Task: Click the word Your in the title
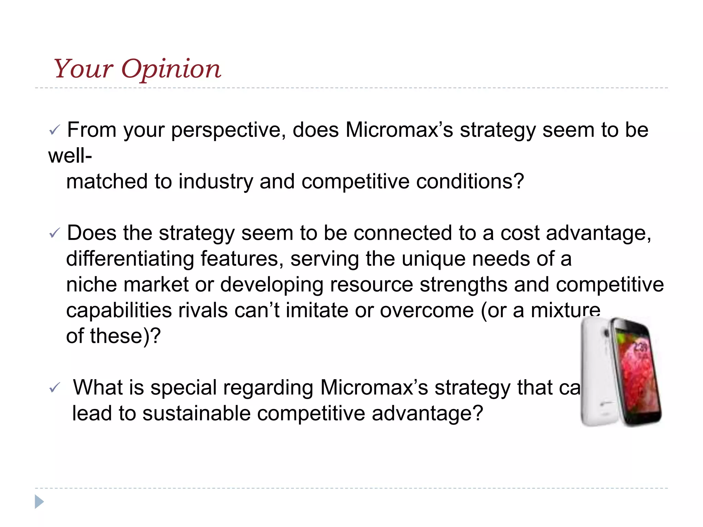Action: pyautogui.click(x=83, y=69)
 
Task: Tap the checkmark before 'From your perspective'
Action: pyautogui.click(x=55, y=130)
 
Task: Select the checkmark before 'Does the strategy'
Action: pyautogui.click(x=55, y=233)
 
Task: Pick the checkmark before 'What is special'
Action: pyautogui.click(x=55, y=388)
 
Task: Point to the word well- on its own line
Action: pyautogui.click(x=70, y=156)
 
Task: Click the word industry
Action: pyautogui.click(x=216, y=181)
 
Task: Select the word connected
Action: pyautogui.click(x=402, y=233)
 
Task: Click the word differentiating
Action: pyautogui.click(x=130, y=259)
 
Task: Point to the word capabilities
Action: pyautogui.click(x=118, y=311)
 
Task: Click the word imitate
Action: pyautogui.click(x=317, y=311)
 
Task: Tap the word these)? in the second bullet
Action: pyautogui.click(x=125, y=336)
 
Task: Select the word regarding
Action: pyautogui.click(x=268, y=388)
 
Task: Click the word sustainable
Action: pyautogui.click(x=196, y=413)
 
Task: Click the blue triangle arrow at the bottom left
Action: pyautogui.click(x=39, y=502)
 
